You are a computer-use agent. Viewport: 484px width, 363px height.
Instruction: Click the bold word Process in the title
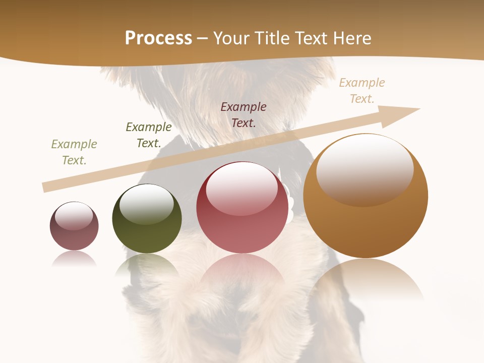(x=158, y=38)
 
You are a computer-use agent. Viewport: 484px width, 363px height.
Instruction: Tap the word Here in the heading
(x=352, y=38)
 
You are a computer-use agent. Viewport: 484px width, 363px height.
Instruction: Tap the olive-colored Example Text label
(x=74, y=152)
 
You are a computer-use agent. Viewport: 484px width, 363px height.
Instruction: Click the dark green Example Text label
(x=149, y=135)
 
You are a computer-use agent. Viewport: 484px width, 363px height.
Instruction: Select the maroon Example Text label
(x=244, y=114)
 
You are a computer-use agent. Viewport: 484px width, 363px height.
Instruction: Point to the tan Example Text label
(x=362, y=90)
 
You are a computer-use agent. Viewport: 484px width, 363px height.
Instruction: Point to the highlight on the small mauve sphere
(x=74, y=215)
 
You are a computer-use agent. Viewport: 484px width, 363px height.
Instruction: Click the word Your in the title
(x=232, y=38)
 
